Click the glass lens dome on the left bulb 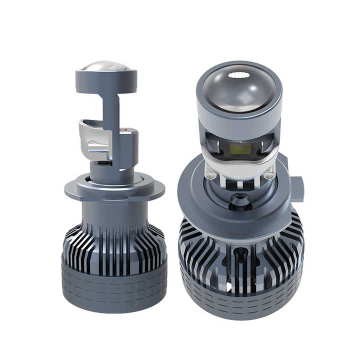point(106,66)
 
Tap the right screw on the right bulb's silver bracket point(269,175)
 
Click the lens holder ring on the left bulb point(106,81)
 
